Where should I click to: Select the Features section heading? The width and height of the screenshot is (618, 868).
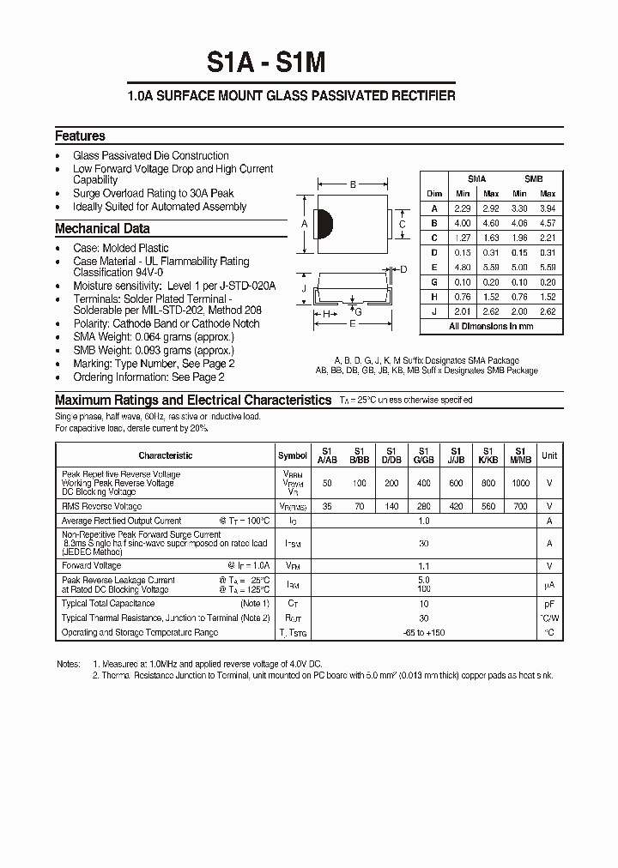[80, 136]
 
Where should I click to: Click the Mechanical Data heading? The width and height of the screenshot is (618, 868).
[102, 228]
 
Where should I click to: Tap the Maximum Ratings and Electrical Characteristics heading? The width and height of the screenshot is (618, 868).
[193, 400]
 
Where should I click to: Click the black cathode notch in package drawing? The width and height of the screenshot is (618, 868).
[324, 224]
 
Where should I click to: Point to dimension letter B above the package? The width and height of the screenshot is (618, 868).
[353, 184]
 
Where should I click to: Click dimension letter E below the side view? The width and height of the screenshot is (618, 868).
[353, 324]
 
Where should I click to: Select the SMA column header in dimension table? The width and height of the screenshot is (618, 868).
[476, 179]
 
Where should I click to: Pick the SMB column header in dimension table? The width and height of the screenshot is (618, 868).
[533, 179]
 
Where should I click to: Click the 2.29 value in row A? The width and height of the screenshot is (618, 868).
[463, 208]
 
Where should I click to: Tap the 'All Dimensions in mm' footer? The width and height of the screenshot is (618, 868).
[491, 327]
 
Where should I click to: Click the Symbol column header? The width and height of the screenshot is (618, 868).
[293, 455]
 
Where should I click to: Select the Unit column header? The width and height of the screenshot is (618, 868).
[549, 455]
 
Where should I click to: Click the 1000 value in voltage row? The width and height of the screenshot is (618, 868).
[520, 484]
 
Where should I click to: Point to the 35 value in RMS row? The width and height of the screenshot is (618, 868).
[326, 507]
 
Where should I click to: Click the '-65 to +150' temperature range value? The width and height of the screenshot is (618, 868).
[422, 633]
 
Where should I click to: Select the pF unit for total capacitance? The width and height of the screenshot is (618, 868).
[549, 604]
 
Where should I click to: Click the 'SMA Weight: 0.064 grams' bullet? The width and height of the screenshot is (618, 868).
[154, 337]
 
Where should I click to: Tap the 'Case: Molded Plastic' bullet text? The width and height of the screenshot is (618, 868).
[121, 248]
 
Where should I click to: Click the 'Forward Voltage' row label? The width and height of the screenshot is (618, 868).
[92, 565]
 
